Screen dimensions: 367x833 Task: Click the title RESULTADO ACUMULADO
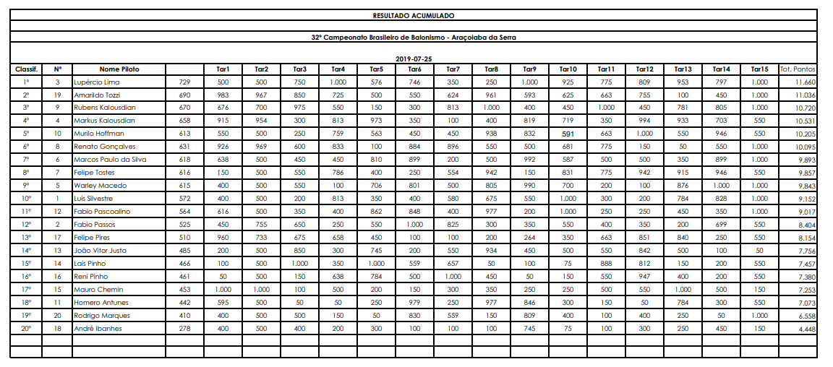(x=414, y=15)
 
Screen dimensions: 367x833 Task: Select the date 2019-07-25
(x=414, y=59)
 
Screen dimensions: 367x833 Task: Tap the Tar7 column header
(x=453, y=69)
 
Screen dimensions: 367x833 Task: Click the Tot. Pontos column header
(x=798, y=69)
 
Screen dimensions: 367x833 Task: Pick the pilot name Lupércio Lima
(x=97, y=82)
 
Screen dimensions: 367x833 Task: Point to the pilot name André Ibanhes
(x=98, y=329)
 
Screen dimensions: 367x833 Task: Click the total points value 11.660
(x=804, y=82)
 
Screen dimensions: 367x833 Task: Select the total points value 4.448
(x=806, y=329)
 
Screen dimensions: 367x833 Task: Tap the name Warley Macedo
(x=100, y=186)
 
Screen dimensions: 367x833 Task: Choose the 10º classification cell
(x=26, y=199)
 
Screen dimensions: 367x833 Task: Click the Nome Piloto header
(x=119, y=69)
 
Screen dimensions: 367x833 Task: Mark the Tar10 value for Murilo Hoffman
(x=568, y=134)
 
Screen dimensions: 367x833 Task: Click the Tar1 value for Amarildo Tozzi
(x=223, y=95)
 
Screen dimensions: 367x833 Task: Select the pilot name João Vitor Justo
(x=101, y=251)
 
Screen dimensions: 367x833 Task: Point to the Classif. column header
(x=26, y=69)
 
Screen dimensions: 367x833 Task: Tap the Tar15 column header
(x=759, y=69)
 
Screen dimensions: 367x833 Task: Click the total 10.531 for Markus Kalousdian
(x=804, y=121)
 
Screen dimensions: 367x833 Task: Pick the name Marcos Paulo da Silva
(x=110, y=160)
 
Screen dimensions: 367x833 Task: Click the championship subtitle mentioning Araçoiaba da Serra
(x=414, y=37)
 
